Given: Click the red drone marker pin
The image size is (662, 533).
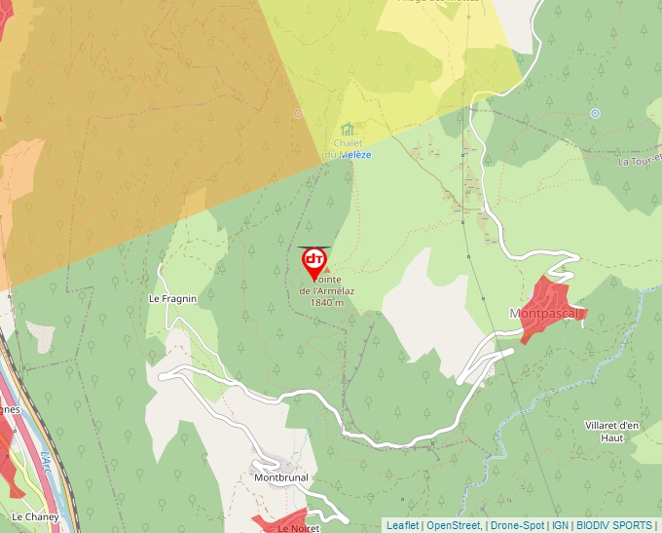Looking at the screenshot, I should click(x=314, y=261).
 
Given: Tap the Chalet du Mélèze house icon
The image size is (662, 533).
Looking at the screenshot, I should click(x=348, y=129).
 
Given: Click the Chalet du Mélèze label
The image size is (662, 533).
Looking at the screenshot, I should click(x=348, y=149).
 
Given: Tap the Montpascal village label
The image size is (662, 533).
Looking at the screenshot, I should click(x=544, y=314).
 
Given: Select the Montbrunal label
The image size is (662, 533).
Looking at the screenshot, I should click(x=280, y=478).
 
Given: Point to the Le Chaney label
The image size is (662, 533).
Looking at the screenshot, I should click(x=35, y=516).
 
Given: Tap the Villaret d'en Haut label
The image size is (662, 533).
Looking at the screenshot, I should click(x=612, y=432).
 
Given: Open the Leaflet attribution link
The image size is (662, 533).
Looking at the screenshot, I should click(x=403, y=525).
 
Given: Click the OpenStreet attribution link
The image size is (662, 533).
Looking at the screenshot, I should click(x=454, y=525).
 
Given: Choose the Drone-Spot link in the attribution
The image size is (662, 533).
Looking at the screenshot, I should click(x=517, y=525).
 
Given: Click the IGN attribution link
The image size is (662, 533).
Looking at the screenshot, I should click(x=560, y=525).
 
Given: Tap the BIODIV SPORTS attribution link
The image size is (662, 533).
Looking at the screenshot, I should click(x=614, y=525).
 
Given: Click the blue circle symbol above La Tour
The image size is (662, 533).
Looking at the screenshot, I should click(x=595, y=113).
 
